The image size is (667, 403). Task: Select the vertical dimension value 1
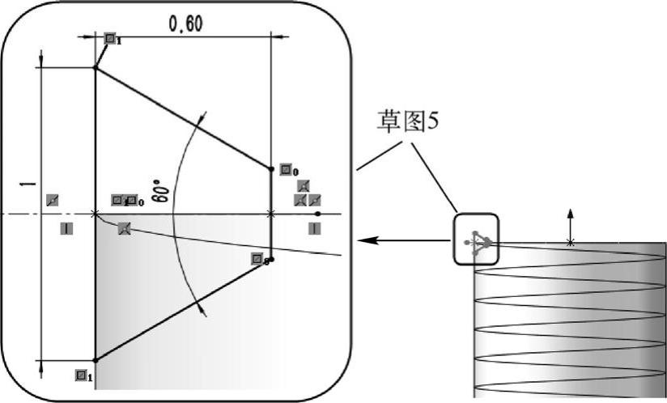tap(30, 185)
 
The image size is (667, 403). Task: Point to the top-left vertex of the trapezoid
tap(96, 68)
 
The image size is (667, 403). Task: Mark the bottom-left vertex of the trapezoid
tap(96, 360)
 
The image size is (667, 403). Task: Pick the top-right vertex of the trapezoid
tap(270, 168)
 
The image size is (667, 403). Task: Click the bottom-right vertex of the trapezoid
tap(270, 260)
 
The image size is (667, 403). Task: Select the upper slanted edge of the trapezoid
tap(183, 118)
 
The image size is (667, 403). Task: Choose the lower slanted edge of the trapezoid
tap(183, 310)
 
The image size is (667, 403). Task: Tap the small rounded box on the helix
tap(477, 240)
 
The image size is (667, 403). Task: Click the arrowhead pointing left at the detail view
tap(365, 240)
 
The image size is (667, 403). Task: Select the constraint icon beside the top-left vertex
tap(110, 37)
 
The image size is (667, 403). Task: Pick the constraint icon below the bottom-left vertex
tap(81, 375)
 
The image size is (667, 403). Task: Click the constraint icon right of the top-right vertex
tap(286, 170)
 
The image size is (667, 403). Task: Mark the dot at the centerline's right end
tap(318, 214)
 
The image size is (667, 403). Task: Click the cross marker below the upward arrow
tap(571, 242)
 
